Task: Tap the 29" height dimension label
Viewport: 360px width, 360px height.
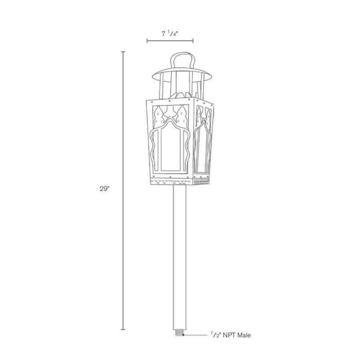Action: click(x=104, y=189)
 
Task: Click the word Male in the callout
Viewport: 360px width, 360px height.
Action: click(x=245, y=335)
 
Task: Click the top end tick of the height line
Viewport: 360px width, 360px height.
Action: click(x=123, y=52)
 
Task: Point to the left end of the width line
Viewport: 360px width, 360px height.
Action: click(x=147, y=41)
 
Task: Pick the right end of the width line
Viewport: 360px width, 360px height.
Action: click(x=193, y=41)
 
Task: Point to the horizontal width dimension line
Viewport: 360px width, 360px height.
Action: click(x=170, y=41)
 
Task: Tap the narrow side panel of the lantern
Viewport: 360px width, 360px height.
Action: click(x=203, y=139)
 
